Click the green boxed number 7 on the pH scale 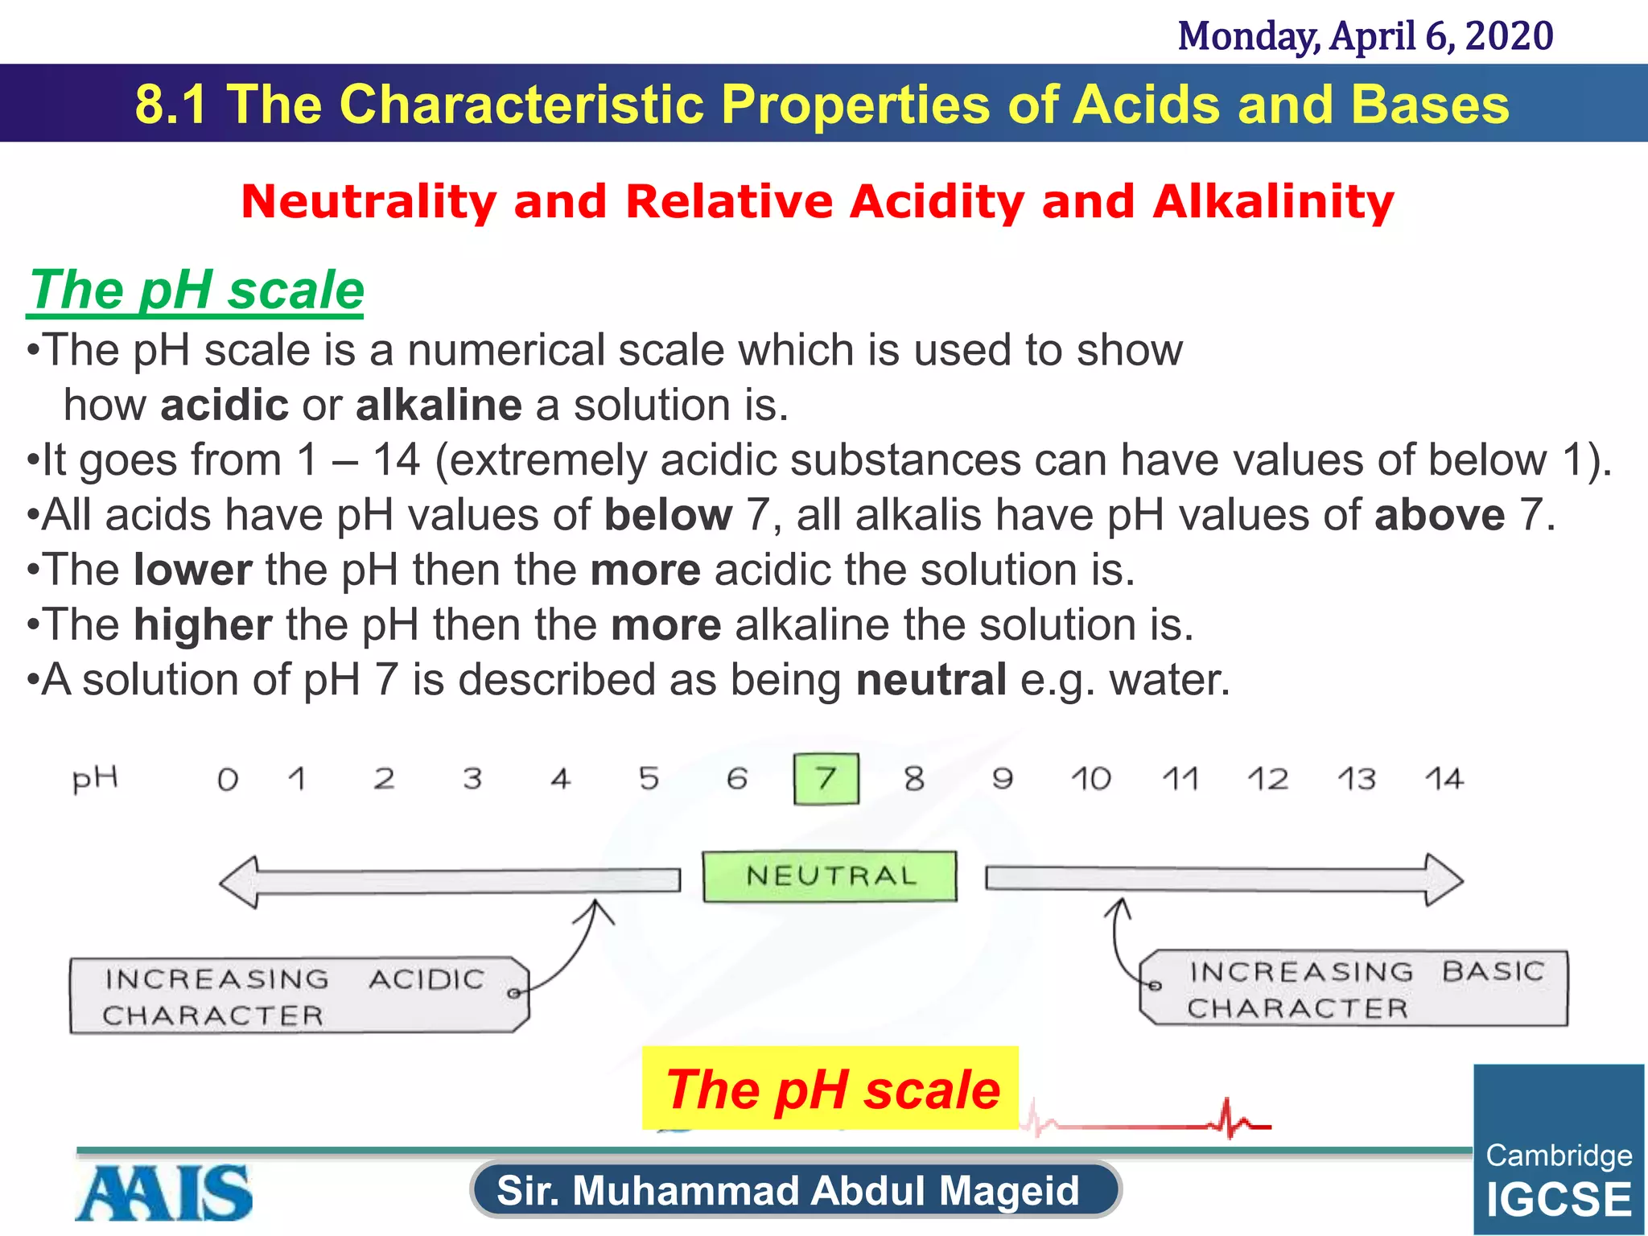point(826,779)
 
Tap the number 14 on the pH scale point(1444,779)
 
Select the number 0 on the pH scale point(228,780)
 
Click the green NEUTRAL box point(830,876)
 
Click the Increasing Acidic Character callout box point(298,995)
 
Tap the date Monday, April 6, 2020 point(1365,36)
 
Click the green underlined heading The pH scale point(196,290)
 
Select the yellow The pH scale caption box point(830,1088)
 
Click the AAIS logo point(164,1193)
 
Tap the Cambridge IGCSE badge point(1558,1151)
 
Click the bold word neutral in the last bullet point(930,680)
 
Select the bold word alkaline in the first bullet point(439,405)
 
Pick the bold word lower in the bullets point(193,571)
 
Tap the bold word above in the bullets point(1439,515)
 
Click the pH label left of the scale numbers point(95,779)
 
